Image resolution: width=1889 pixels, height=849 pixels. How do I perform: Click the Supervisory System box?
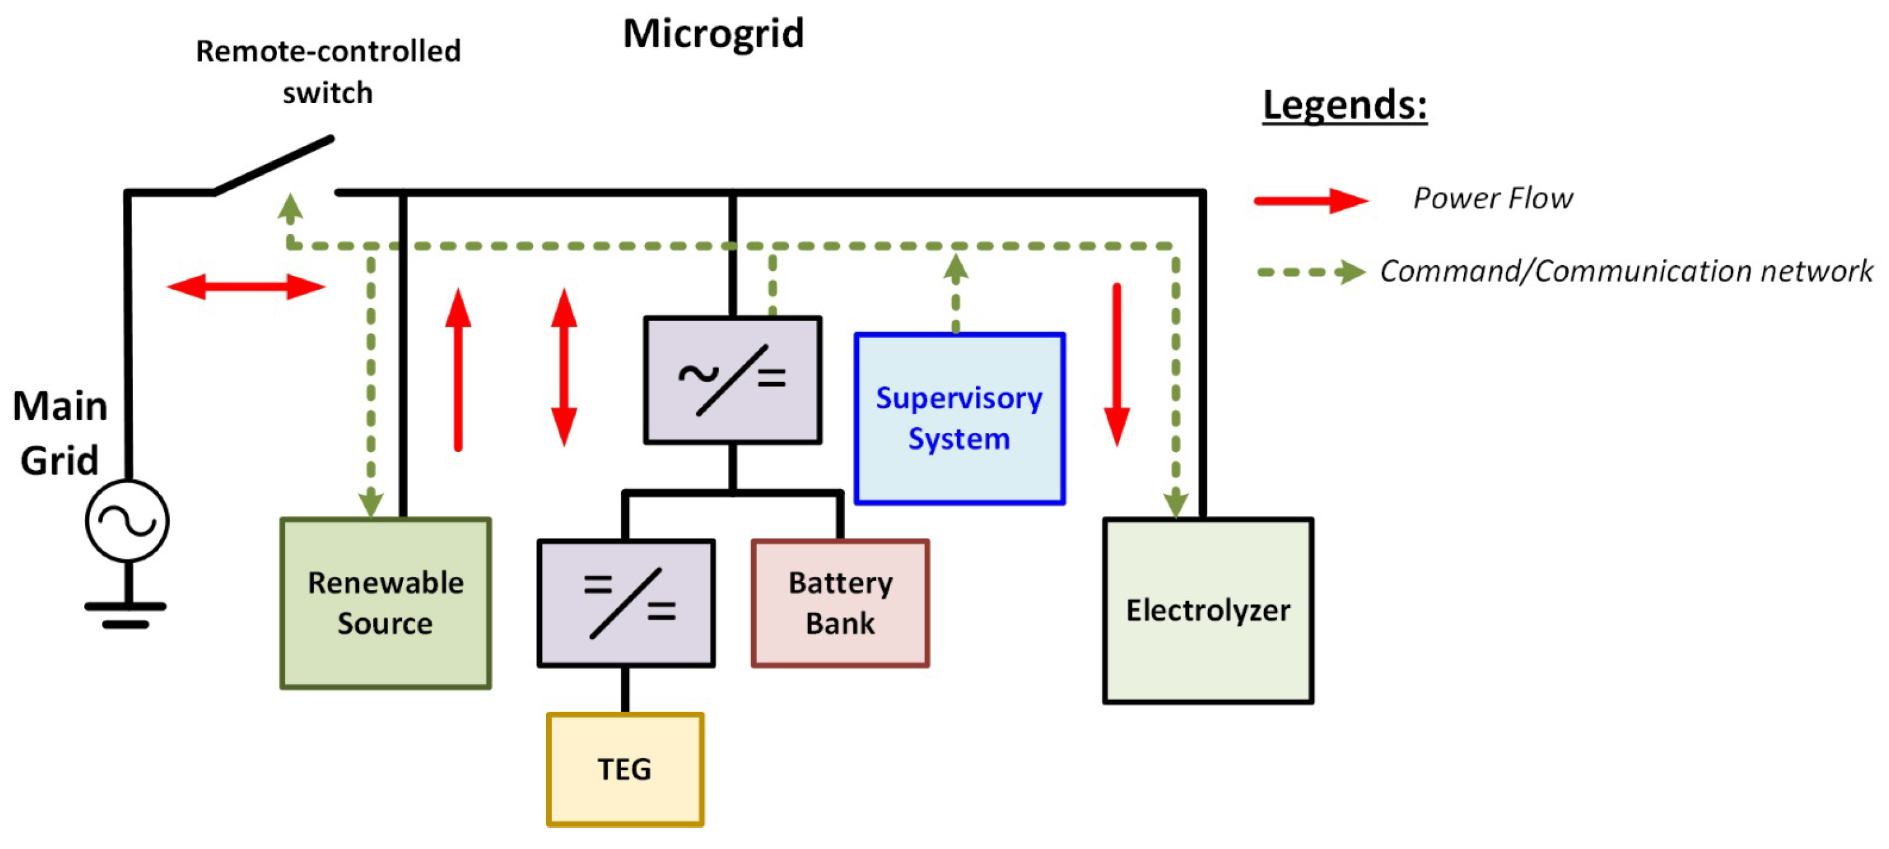tap(959, 418)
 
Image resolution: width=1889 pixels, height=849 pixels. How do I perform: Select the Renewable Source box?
tap(386, 602)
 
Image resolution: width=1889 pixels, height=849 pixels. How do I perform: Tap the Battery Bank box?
tap(840, 602)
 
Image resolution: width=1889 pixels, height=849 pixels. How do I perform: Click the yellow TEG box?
tap(625, 769)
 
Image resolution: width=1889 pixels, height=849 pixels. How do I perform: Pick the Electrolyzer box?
tap(1208, 610)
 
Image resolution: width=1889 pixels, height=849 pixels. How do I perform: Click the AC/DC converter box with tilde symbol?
tap(732, 379)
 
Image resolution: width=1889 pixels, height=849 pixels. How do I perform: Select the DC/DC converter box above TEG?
tap(626, 602)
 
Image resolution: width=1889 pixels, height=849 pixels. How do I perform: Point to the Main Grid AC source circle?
tap(127, 520)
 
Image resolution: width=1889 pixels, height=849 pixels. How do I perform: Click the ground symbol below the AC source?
tap(126, 614)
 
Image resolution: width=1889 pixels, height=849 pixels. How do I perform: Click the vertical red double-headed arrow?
tap(564, 367)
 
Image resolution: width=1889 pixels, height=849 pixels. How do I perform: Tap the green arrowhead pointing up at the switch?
tap(290, 208)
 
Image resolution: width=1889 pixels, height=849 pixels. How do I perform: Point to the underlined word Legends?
tap(1344, 105)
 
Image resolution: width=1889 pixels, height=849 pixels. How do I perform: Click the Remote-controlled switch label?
tap(328, 72)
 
